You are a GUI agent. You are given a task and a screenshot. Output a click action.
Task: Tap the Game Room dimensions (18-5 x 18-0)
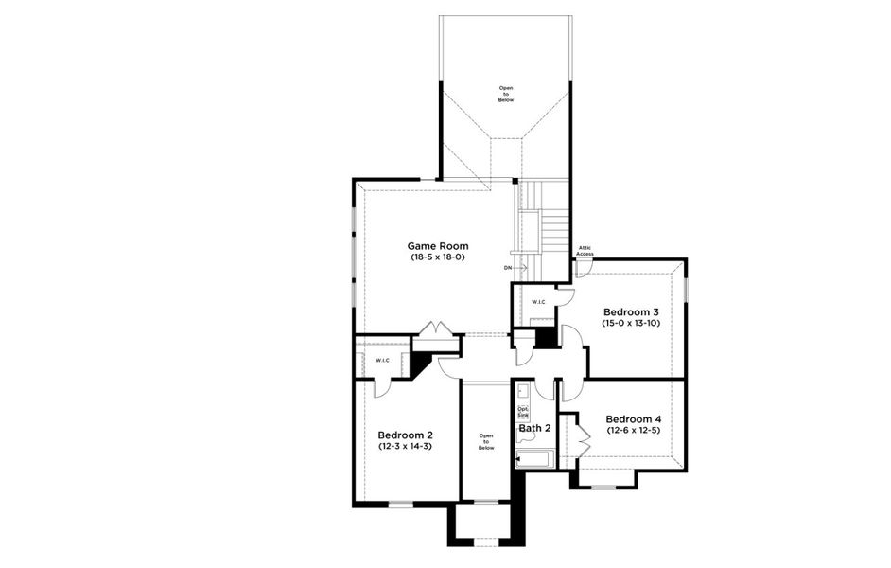click(437, 257)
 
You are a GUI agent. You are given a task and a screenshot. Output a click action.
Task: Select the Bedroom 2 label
click(405, 435)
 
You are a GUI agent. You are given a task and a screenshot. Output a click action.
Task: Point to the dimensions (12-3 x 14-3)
click(405, 446)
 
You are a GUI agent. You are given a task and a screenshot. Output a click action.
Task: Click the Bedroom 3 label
click(631, 311)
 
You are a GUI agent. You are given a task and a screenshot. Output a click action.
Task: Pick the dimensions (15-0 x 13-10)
click(631, 323)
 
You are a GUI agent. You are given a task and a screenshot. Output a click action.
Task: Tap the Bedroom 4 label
click(634, 419)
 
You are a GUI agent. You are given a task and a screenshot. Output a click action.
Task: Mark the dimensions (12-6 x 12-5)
click(634, 431)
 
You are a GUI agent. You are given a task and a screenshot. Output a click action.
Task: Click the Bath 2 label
click(534, 428)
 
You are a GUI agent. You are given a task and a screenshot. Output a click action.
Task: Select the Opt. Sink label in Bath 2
click(523, 411)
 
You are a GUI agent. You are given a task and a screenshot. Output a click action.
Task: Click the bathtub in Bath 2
click(535, 461)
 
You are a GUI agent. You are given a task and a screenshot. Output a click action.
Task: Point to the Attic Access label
click(585, 252)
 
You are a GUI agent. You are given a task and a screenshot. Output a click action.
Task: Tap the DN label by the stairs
click(508, 268)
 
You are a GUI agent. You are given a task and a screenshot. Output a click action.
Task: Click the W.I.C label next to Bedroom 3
click(538, 302)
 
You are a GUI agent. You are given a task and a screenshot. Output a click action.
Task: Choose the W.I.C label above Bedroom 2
click(382, 361)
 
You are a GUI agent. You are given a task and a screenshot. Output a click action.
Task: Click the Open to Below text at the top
click(506, 92)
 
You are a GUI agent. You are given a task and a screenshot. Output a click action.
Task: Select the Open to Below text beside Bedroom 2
click(486, 441)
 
